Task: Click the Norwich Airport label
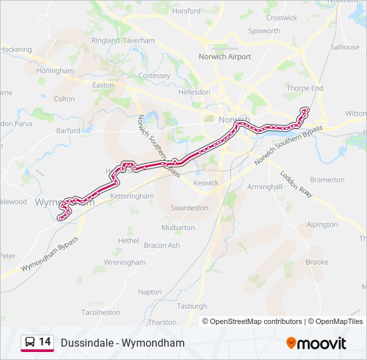[225, 57]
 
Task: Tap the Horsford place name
[186, 11]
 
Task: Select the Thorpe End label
[304, 88]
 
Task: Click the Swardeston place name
[190, 208]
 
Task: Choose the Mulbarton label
[178, 227]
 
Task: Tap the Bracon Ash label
[162, 245]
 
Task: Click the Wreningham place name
[124, 263]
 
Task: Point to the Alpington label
[322, 225]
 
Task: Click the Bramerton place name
[328, 180]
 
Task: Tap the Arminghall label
[265, 187]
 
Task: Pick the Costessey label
[154, 76]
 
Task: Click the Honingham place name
[55, 71]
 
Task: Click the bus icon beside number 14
[30, 343]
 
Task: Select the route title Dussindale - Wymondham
[122, 343]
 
